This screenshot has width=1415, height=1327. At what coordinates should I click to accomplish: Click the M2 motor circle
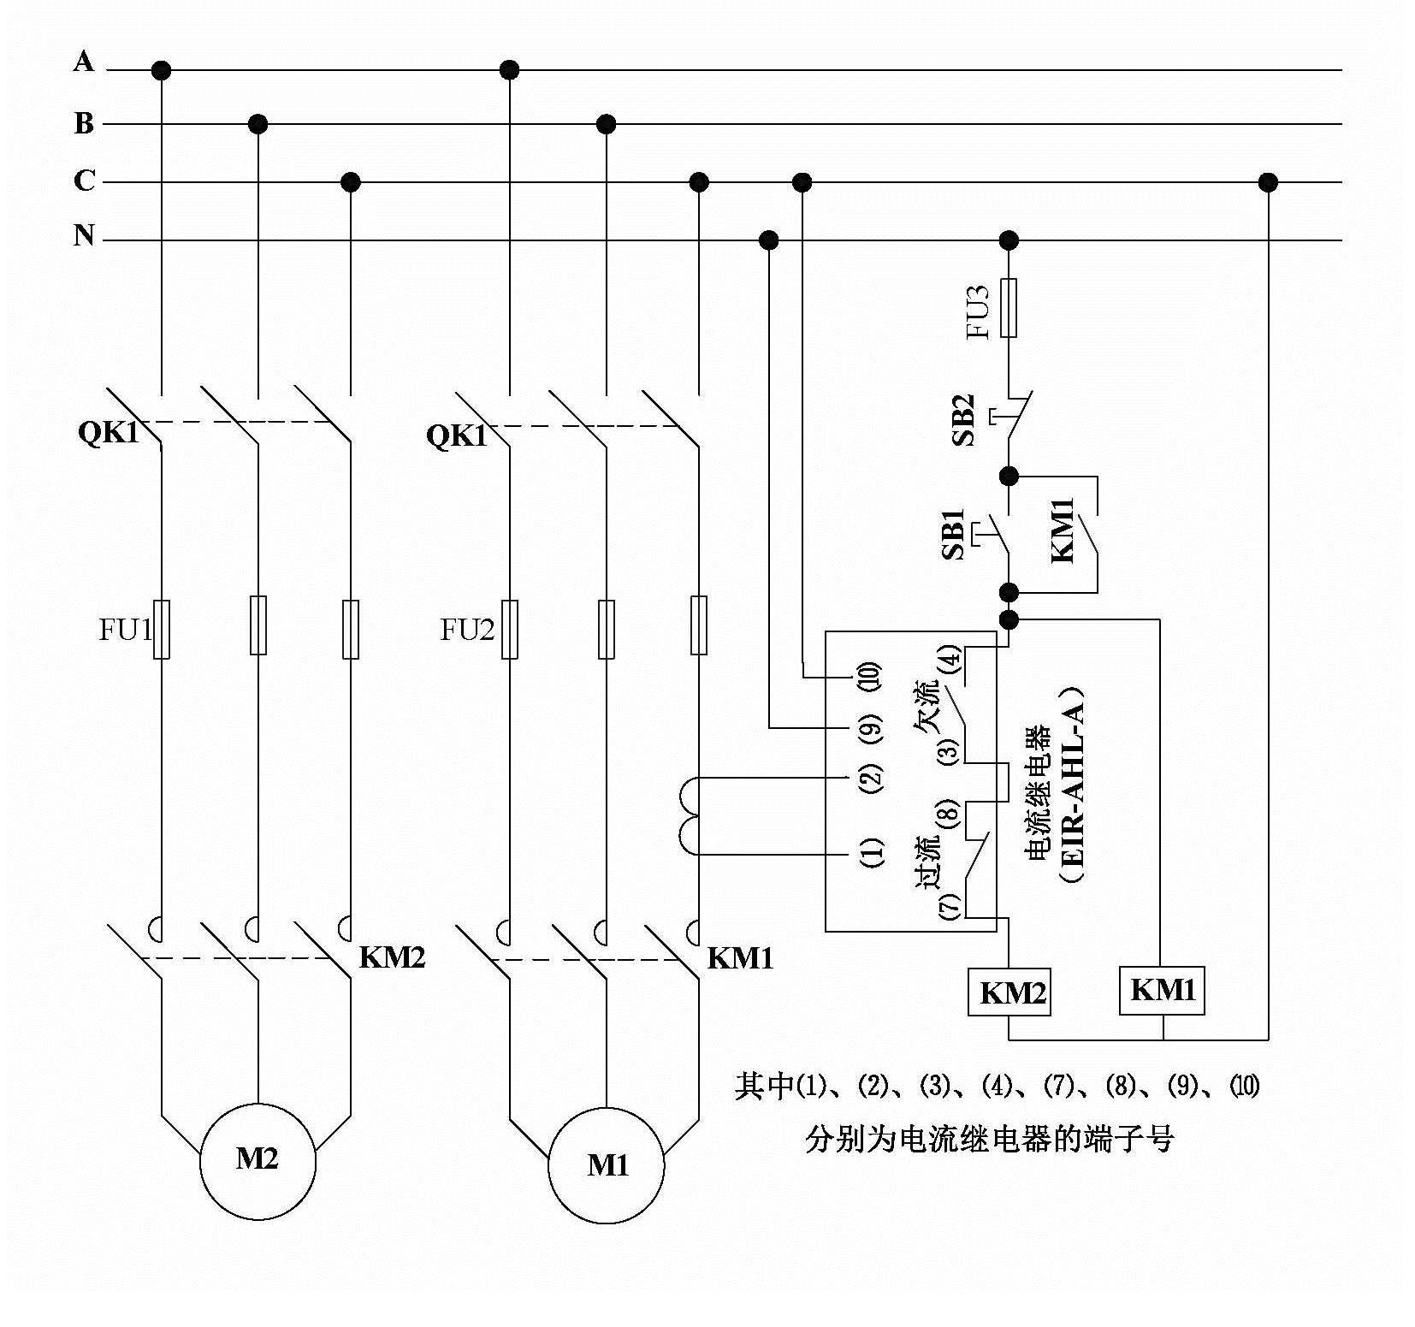tap(258, 1161)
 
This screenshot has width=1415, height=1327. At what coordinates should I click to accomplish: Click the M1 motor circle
tap(607, 1165)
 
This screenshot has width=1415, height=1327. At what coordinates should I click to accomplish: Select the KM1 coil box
tap(1162, 990)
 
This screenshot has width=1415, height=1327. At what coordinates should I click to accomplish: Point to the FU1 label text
tap(125, 631)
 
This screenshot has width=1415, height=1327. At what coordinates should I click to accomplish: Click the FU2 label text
tap(467, 631)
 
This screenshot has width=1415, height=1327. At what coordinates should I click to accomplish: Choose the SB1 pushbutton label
tap(955, 535)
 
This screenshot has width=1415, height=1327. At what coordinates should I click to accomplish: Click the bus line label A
tap(83, 62)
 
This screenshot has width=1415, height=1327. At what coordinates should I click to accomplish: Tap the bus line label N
tap(83, 234)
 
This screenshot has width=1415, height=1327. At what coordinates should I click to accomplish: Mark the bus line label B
tap(83, 123)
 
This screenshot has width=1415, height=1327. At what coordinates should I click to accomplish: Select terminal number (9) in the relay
tap(871, 728)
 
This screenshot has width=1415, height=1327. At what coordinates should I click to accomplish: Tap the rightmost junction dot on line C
tap(1268, 182)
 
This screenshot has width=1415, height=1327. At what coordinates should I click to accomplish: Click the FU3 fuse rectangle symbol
tap(1009, 307)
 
